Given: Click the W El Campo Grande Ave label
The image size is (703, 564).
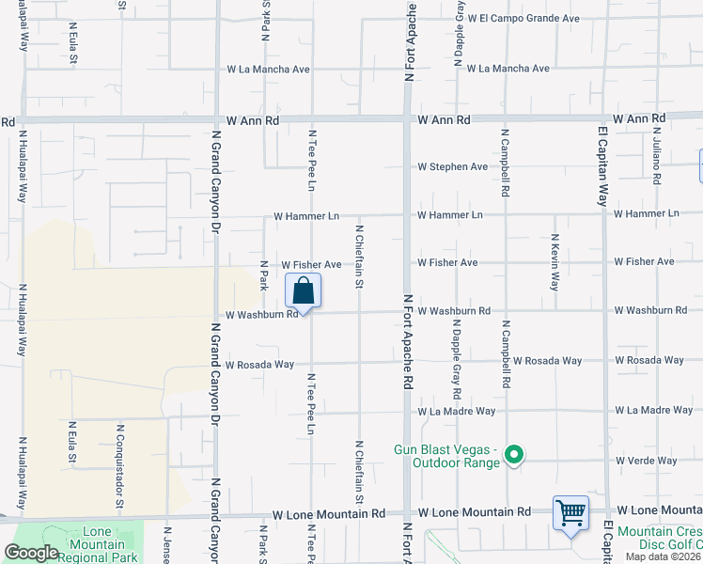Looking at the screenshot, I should (529, 18).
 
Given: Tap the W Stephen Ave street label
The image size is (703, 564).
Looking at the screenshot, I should (453, 166).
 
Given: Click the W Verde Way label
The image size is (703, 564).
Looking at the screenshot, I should (646, 461).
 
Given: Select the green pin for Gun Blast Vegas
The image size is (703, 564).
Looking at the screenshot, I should (513, 457).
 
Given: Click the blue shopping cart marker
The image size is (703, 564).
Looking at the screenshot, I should (570, 513).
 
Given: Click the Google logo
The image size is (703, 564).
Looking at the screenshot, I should (31, 553).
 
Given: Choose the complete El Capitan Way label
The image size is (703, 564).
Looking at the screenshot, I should (602, 161).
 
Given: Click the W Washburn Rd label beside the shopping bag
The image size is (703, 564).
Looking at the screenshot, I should (261, 315).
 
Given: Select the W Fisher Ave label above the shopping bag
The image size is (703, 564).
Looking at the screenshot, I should (311, 266).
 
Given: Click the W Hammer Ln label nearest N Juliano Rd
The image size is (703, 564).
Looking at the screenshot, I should (646, 213).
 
